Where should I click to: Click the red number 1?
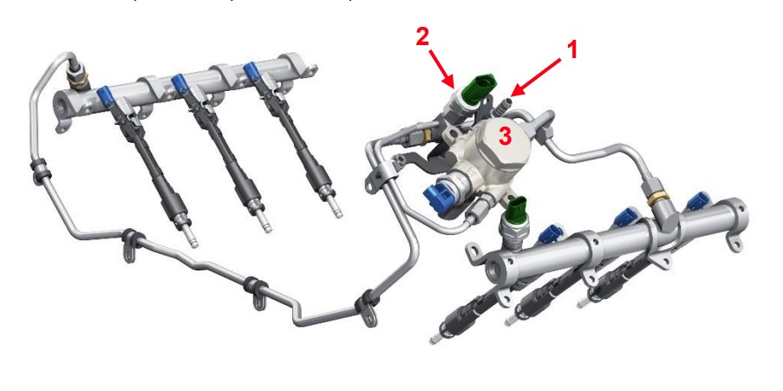click(x=571, y=50)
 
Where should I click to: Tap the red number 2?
click(x=422, y=38)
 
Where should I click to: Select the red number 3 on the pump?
click(x=506, y=136)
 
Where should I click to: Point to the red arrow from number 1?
click(x=536, y=77)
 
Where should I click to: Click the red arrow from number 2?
click(x=441, y=68)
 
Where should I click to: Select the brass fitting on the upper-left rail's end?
click(x=77, y=78)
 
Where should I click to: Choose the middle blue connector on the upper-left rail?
click(x=180, y=81)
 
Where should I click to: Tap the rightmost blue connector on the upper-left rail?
click(x=251, y=70)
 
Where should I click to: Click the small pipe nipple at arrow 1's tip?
click(x=505, y=103)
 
